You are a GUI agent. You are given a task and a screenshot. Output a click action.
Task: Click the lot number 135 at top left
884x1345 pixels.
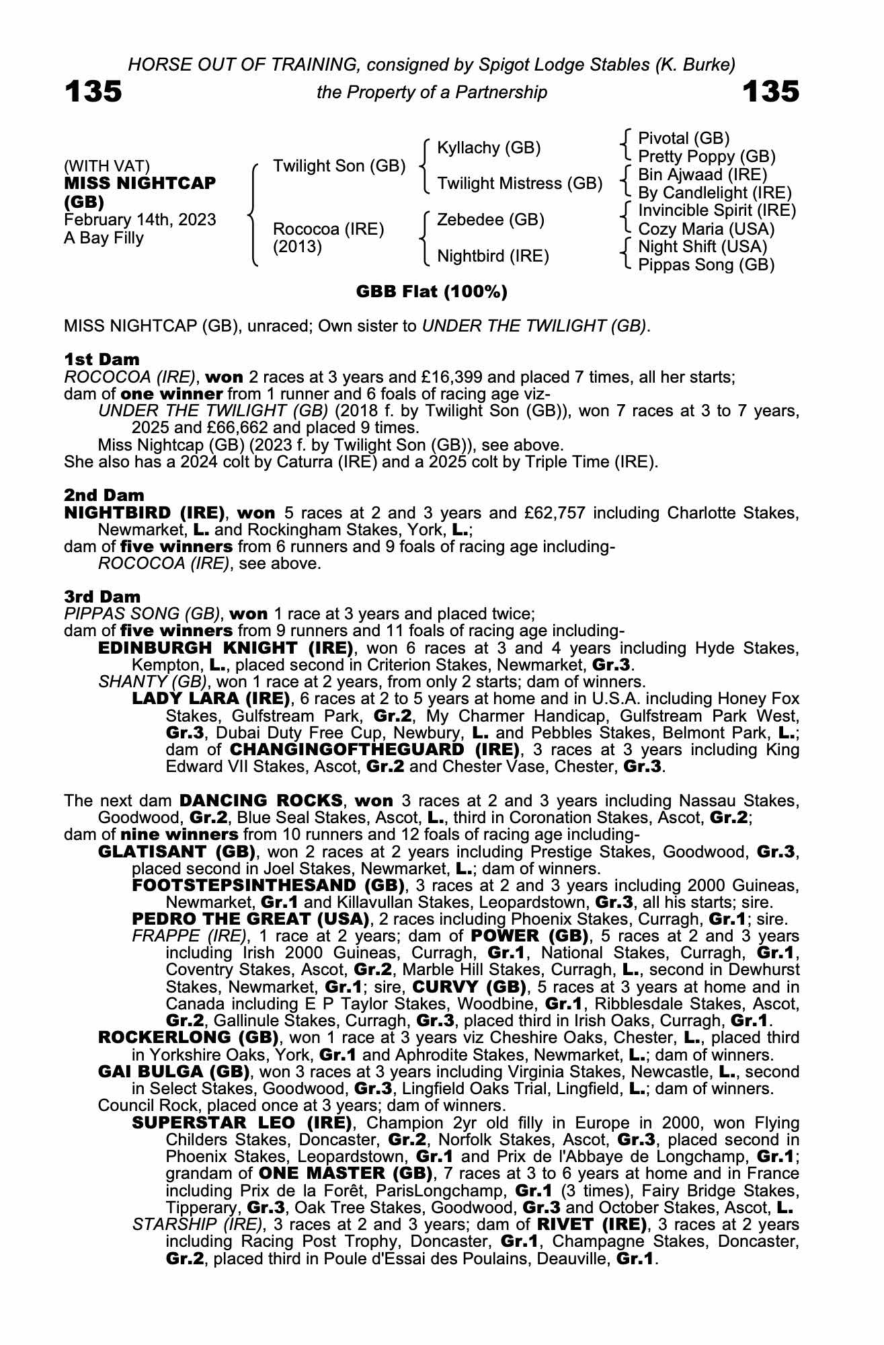click(93, 92)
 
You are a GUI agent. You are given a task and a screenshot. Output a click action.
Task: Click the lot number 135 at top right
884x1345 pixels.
click(770, 92)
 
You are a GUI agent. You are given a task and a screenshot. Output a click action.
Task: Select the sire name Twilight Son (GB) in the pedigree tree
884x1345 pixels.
click(339, 166)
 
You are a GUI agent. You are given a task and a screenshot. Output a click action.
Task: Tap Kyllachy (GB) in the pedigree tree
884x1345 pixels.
click(489, 148)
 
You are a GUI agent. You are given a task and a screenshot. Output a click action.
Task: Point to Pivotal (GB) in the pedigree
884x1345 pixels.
click(684, 139)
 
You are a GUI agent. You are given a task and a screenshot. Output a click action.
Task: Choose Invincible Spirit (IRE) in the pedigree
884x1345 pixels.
click(717, 210)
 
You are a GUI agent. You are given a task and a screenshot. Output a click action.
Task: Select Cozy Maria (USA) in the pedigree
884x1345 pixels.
click(706, 229)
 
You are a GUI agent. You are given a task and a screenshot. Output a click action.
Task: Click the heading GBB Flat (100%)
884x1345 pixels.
click(432, 292)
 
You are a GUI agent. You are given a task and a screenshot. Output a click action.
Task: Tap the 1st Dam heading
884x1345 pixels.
click(102, 359)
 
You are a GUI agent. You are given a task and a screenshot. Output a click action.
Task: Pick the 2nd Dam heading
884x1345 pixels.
click(104, 496)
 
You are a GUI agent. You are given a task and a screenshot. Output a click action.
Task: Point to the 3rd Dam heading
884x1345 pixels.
click(102, 597)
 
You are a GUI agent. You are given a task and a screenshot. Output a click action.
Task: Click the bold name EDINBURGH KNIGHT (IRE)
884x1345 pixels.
click(226, 648)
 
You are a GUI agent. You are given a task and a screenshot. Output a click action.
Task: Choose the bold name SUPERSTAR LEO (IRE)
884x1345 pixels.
click(242, 1123)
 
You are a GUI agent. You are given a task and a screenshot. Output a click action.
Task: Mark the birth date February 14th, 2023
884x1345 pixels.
click(140, 220)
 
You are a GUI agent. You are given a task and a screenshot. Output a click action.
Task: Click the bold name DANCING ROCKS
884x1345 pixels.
click(261, 801)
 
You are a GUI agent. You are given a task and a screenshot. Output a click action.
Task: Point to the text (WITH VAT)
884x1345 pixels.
click(107, 166)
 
